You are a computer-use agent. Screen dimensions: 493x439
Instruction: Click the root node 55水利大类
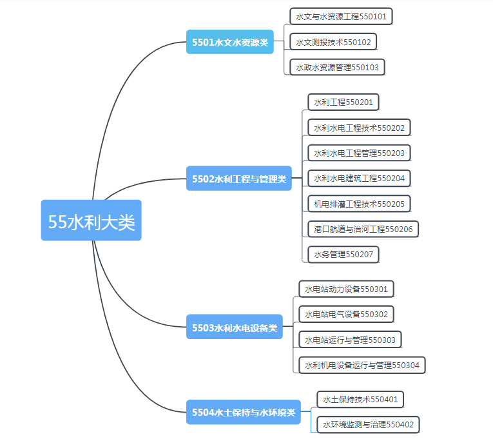click(91, 220)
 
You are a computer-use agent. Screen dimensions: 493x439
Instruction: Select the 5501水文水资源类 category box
click(230, 42)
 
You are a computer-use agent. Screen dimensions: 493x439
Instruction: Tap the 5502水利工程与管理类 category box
click(239, 179)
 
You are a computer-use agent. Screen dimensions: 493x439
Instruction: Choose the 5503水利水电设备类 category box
click(235, 327)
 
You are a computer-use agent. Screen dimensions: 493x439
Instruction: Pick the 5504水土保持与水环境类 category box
click(244, 412)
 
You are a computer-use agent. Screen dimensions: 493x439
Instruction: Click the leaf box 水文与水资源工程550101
click(341, 16)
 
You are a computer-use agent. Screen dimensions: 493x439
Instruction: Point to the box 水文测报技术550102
click(333, 42)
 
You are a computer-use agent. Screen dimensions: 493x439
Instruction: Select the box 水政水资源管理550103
click(337, 67)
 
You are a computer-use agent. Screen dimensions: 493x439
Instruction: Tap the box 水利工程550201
click(343, 102)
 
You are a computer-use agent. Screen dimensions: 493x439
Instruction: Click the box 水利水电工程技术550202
click(360, 128)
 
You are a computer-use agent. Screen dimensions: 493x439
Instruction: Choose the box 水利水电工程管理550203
click(360, 153)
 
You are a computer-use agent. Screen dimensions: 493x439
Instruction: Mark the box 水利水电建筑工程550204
click(360, 179)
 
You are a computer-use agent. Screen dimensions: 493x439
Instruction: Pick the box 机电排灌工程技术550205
click(360, 204)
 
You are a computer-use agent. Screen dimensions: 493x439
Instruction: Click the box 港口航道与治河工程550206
click(363, 229)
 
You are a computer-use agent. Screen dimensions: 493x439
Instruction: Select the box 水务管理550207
click(343, 255)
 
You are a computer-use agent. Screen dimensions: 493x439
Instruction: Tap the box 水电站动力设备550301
click(346, 289)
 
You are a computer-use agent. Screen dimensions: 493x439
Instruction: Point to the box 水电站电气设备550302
click(346, 314)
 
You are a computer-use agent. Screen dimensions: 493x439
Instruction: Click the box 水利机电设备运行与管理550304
click(362, 365)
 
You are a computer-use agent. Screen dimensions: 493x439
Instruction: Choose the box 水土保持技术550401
click(360, 400)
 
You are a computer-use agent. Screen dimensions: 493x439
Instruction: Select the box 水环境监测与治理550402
click(368, 425)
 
